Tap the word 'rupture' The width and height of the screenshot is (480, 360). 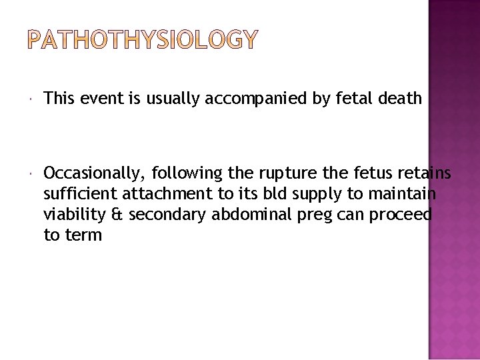pos(281,174)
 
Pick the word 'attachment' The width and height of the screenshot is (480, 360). pos(157,194)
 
